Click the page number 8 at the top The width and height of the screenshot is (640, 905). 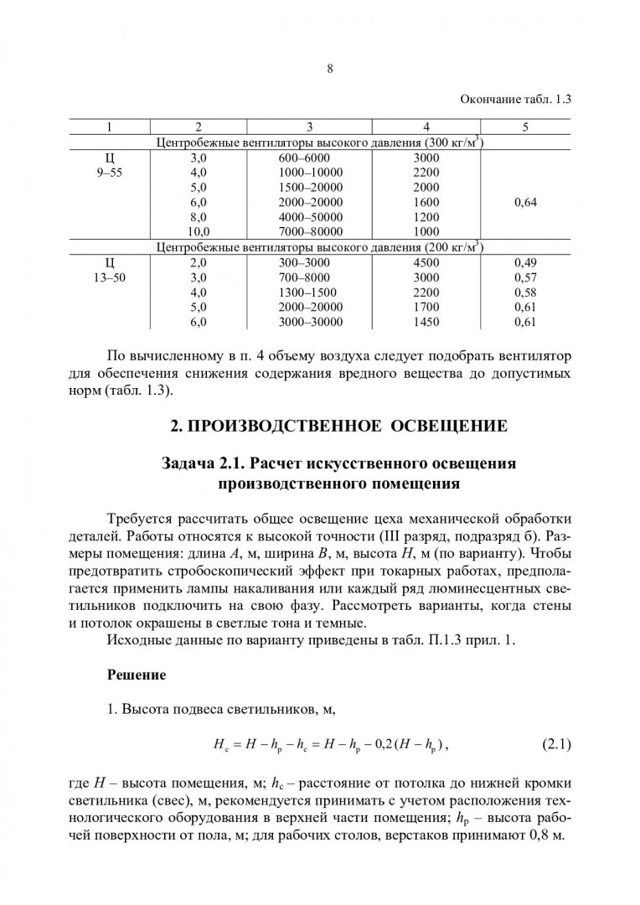[330, 70]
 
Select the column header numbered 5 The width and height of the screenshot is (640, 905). [525, 127]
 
